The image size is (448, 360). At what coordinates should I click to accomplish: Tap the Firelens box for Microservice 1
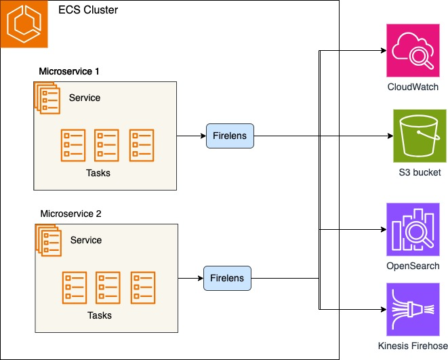tap(230, 136)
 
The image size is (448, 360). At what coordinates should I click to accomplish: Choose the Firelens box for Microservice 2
tap(227, 278)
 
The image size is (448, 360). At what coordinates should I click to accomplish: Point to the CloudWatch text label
tap(413, 87)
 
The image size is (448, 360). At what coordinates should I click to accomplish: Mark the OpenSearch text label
tap(413, 266)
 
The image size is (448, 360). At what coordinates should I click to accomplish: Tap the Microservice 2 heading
tap(71, 214)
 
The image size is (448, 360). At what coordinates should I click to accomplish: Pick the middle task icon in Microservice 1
tap(107, 144)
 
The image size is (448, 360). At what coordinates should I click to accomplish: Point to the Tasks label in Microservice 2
tap(100, 315)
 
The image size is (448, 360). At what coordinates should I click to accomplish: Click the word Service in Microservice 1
tap(85, 98)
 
